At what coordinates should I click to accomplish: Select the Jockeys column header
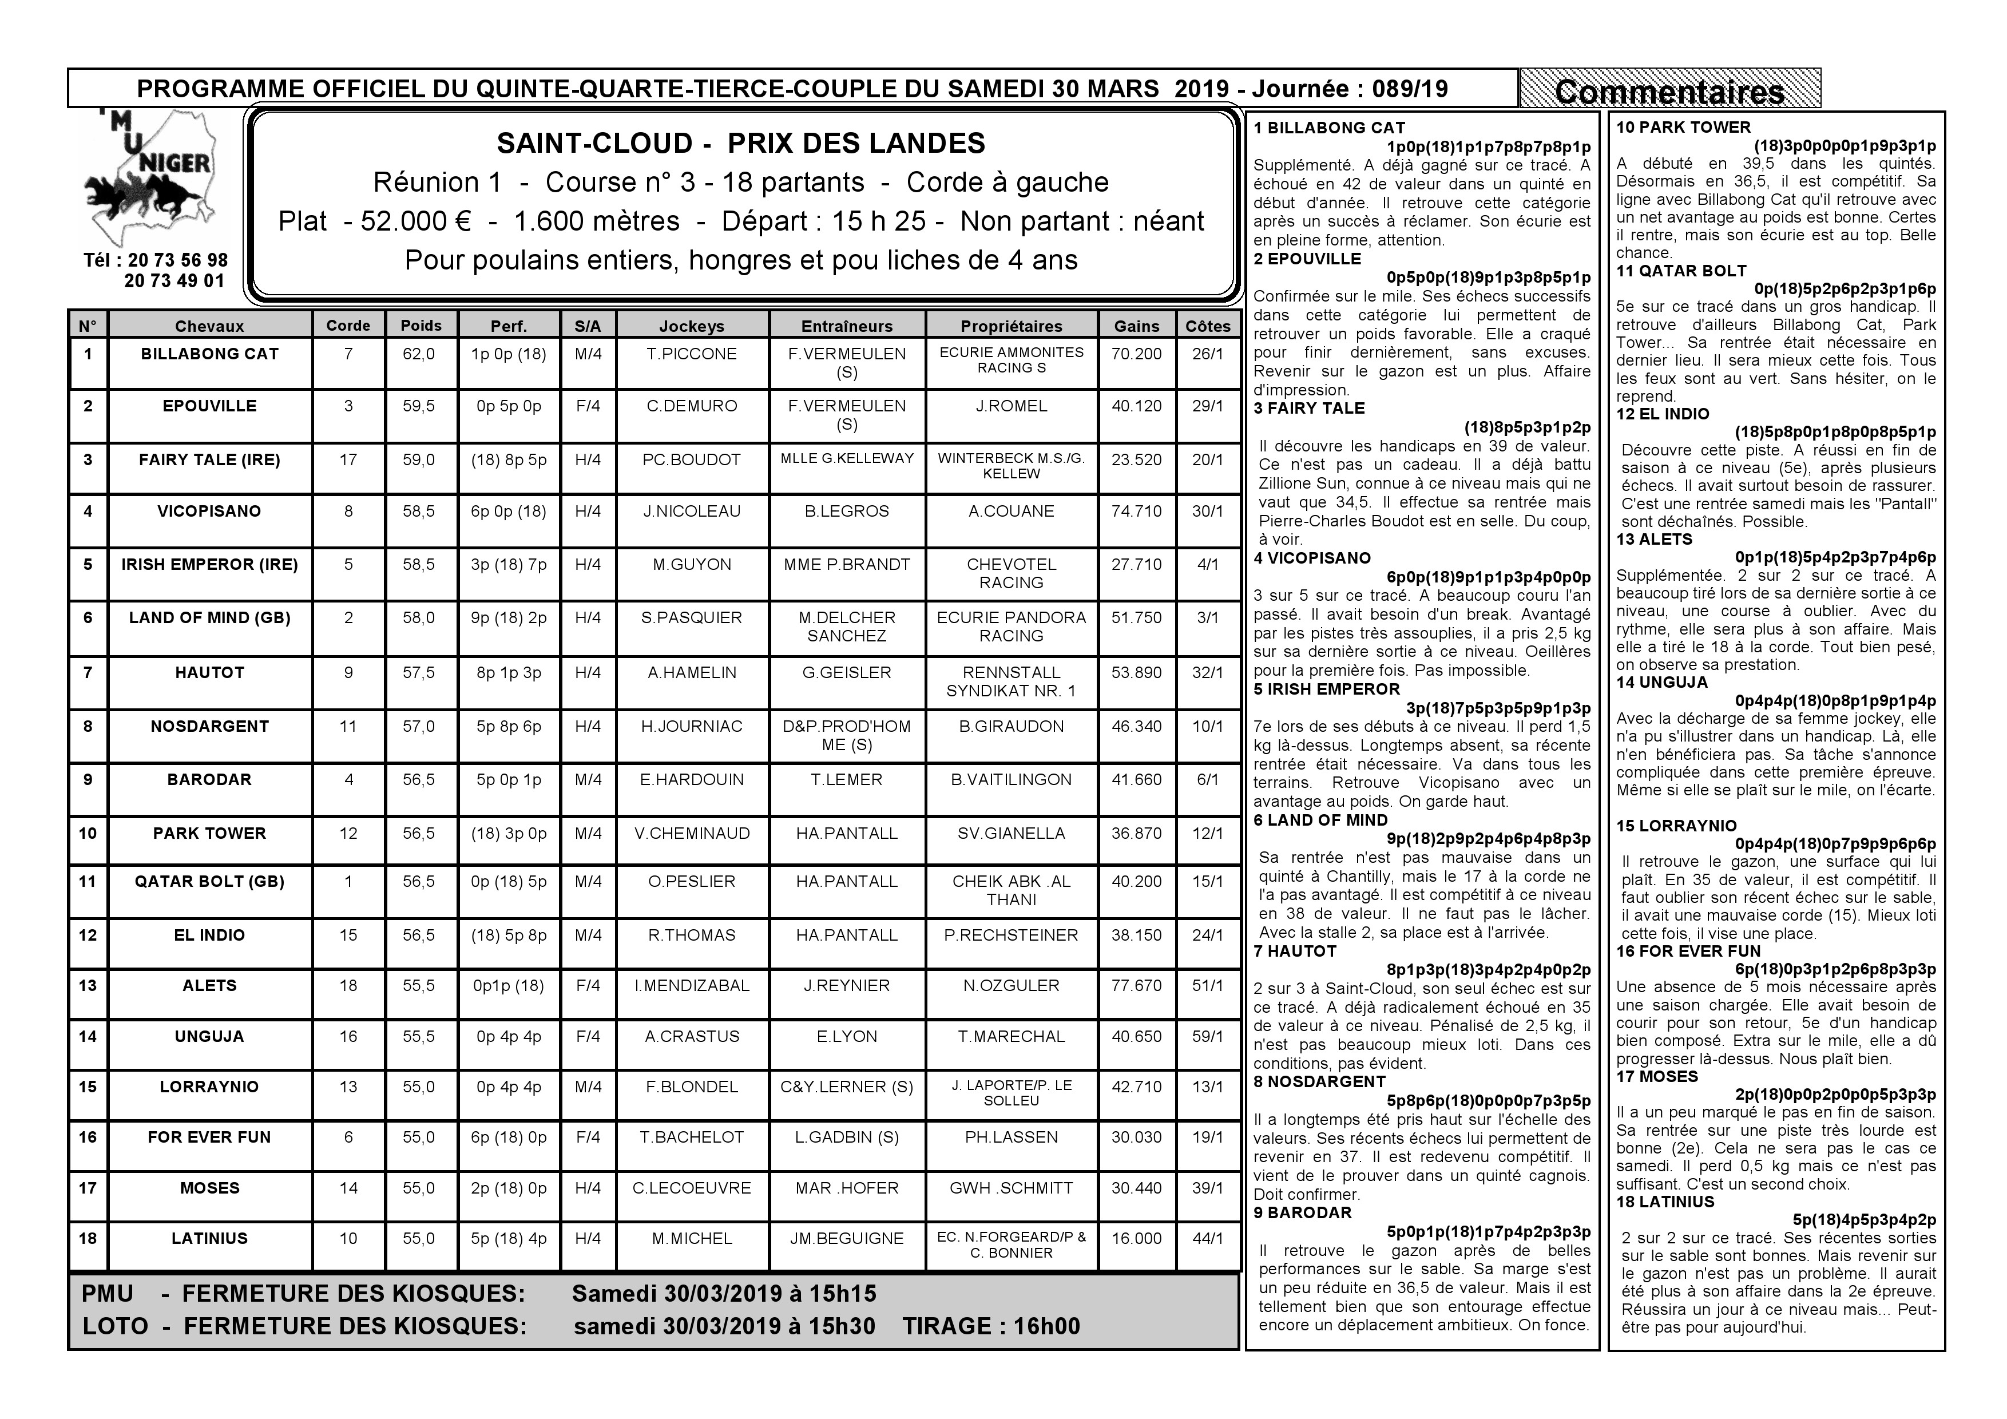click(x=692, y=326)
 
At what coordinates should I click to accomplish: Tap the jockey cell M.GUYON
click(x=692, y=565)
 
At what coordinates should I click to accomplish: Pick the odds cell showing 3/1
click(x=1207, y=618)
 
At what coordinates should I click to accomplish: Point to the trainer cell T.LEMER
click(x=846, y=780)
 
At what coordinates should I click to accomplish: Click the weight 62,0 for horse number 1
click(x=419, y=354)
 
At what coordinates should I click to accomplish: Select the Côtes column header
click(x=1207, y=326)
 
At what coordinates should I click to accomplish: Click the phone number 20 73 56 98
click(x=177, y=260)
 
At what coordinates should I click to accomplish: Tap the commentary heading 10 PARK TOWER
click(x=1683, y=128)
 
